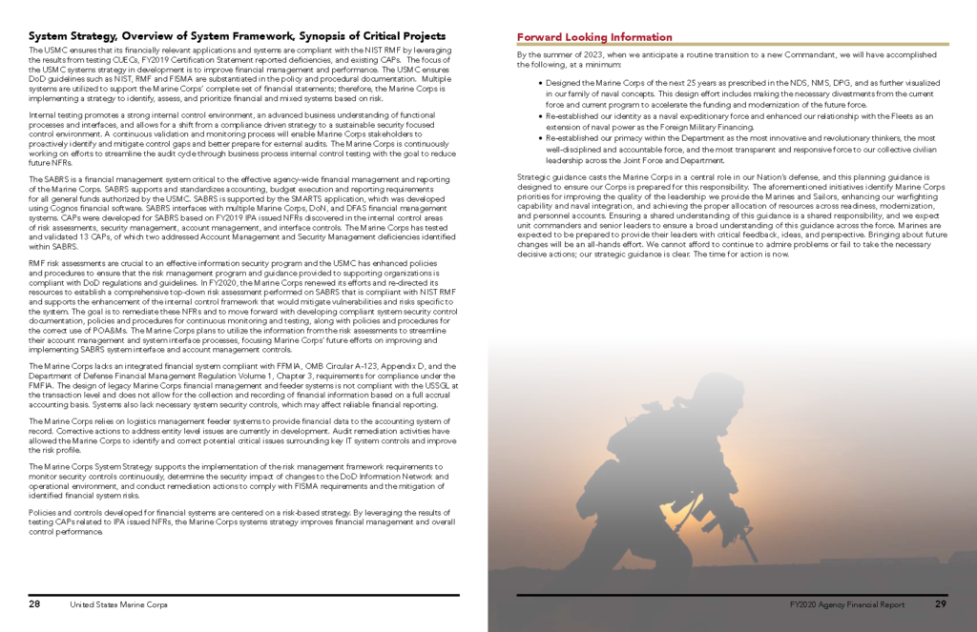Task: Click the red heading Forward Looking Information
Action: pyautogui.click(x=594, y=37)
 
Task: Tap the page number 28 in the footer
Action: pyautogui.click(x=34, y=604)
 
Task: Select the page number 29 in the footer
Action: pyautogui.click(x=940, y=604)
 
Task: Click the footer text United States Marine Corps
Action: pyautogui.click(x=117, y=605)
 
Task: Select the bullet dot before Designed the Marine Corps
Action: pyautogui.click(x=540, y=82)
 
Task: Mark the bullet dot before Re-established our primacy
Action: pyautogui.click(x=540, y=137)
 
